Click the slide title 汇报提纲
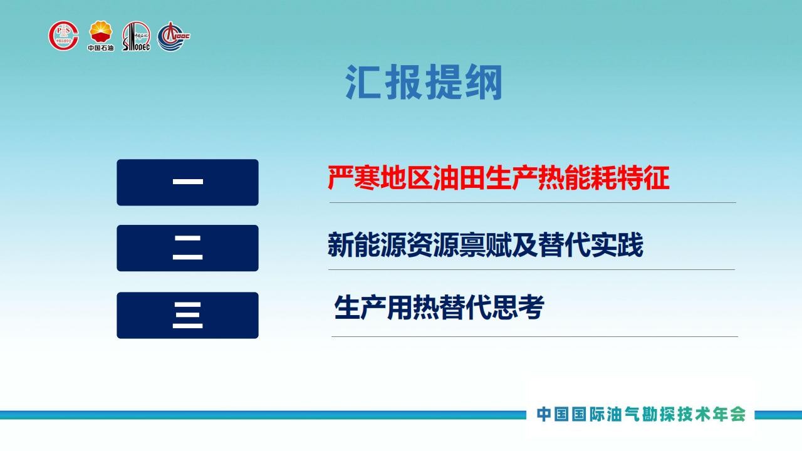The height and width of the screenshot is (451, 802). click(424, 82)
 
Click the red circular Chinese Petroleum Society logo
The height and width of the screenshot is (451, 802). click(63, 36)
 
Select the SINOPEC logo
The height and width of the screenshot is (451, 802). click(136, 36)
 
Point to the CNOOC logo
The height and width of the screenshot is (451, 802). click(174, 36)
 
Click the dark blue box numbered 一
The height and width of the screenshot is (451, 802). click(187, 182)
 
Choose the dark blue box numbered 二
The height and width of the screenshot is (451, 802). click(187, 248)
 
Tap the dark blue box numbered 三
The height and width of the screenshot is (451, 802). click(187, 315)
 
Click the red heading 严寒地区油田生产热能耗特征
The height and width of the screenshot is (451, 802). click(498, 177)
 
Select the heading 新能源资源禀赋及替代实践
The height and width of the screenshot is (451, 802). click(485, 244)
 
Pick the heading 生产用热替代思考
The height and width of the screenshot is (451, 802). click(439, 307)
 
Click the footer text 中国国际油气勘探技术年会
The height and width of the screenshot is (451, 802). click(641, 415)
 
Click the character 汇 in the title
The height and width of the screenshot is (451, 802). click(363, 82)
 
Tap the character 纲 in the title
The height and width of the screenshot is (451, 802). click(484, 82)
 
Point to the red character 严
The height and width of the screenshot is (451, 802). click(340, 177)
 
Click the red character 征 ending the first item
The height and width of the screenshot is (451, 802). click(657, 177)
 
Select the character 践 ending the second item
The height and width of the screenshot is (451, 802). click(630, 244)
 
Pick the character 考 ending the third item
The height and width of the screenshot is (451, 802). click(531, 307)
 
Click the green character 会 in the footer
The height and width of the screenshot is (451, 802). click(737, 415)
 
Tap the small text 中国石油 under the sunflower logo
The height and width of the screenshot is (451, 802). click(101, 48)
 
